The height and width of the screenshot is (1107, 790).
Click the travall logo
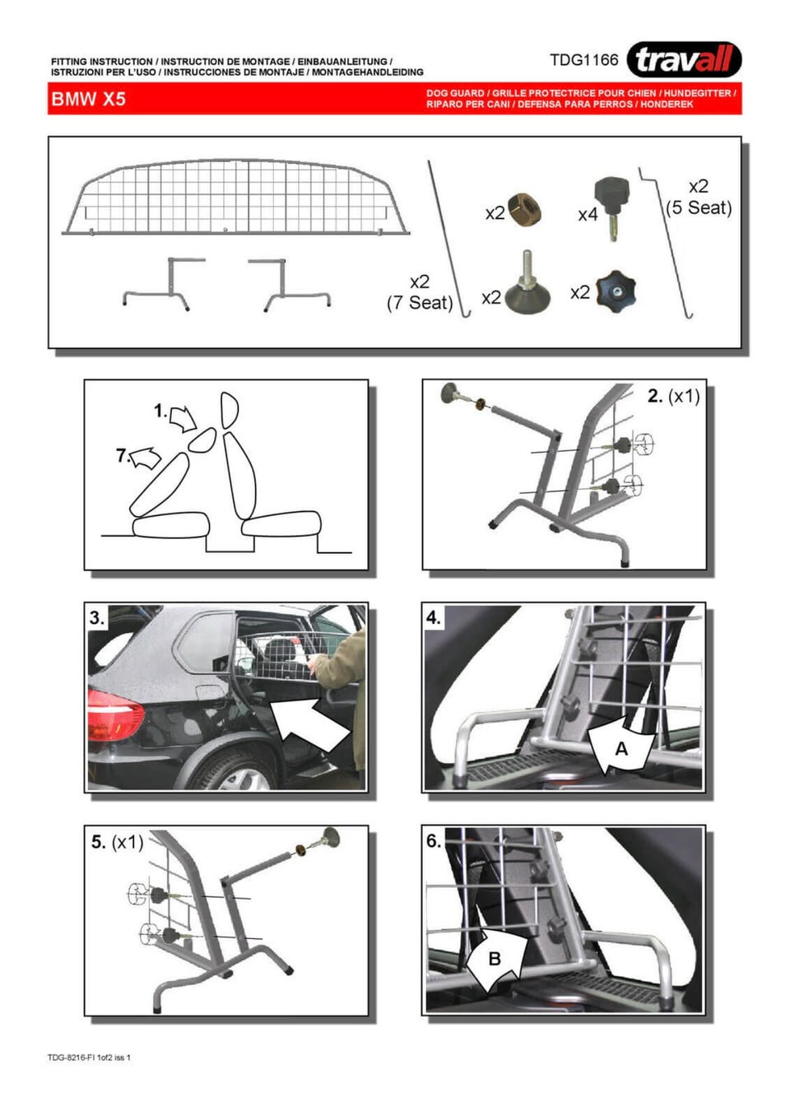point(684,59)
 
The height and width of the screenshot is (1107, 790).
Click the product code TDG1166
point(583,60)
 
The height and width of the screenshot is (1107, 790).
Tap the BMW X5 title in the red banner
point(88,99)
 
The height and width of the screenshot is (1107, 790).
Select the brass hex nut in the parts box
point(525,210)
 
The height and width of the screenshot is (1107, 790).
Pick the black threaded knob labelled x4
point(612,208)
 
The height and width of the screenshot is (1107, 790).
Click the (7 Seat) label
point(420,302)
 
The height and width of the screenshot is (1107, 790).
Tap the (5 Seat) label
point(698,207)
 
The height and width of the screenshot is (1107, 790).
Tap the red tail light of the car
point(115,715)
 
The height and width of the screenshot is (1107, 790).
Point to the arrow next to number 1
point(183,419)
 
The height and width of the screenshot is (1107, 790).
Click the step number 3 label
point(97,618)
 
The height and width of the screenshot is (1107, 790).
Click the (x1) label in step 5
point(128,843)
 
